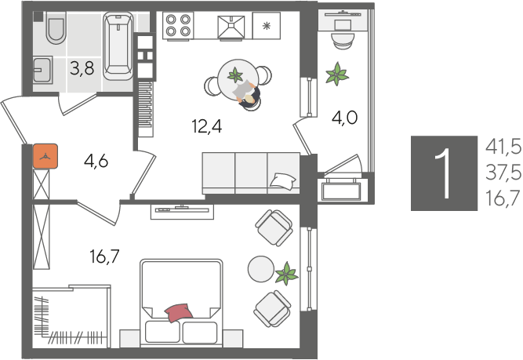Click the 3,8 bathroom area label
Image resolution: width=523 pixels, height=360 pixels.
pos(82,68)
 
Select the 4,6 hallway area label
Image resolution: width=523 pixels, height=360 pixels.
pos(96,162)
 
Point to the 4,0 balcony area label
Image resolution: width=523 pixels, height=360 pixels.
pos(346,118)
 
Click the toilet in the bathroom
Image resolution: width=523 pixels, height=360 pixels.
pos(56,31)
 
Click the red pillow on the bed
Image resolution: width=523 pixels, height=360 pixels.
pos(178,311)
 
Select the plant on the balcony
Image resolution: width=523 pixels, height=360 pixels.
pos(338,75)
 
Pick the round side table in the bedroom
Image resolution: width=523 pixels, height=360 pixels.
pos(260,269)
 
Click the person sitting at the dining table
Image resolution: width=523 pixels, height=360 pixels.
pos(250,97)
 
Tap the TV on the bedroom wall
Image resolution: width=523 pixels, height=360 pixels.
pos(182,208)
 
